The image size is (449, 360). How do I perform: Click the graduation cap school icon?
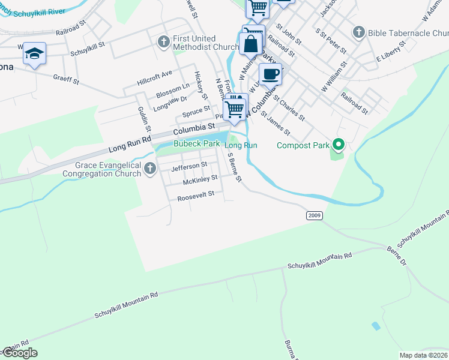(35, 54)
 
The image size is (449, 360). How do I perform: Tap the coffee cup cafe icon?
(270, 74)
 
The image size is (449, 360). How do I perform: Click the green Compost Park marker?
(339, 145)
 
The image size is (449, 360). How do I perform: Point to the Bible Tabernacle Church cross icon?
(360, 32)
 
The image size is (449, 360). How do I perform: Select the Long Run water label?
(241, 146)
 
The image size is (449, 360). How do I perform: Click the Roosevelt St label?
(196, 197)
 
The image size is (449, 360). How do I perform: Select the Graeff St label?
(67, 77)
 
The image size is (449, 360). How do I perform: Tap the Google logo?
(19, 353)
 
